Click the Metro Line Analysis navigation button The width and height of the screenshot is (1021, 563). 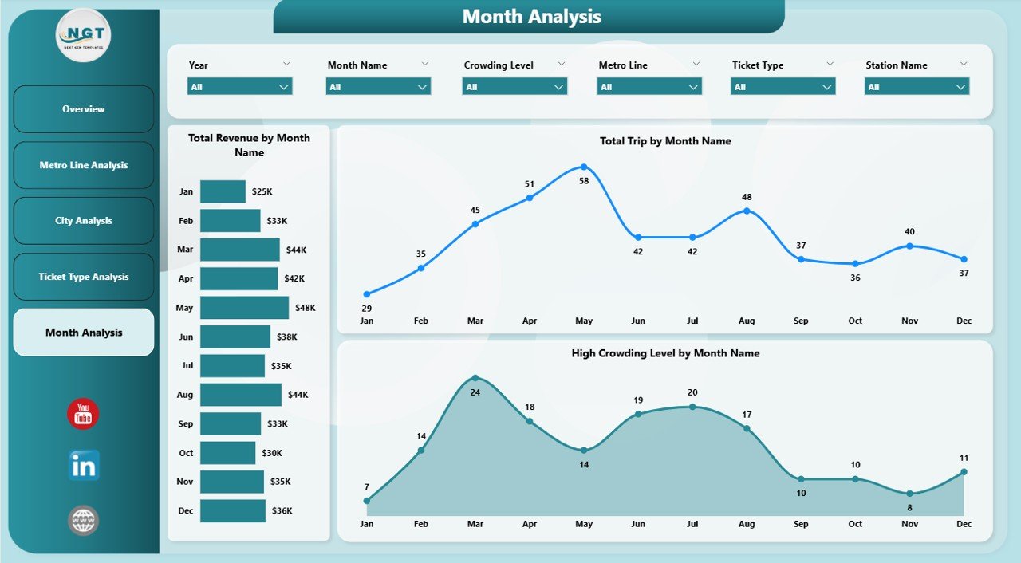(84, 165)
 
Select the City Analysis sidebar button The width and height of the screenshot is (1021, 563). (84, 221)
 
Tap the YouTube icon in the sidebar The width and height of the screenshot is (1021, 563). (83, 414)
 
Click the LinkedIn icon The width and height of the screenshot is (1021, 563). (83, 466)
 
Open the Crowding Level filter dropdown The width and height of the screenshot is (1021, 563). (514, 87)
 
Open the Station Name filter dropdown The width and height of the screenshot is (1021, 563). (917, 87)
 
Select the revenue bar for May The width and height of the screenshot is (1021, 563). (244, 308)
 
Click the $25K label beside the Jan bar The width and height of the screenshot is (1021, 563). (262, 192)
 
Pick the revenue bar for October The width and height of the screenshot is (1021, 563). (227, 453)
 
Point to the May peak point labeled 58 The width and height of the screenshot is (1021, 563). (584, 167)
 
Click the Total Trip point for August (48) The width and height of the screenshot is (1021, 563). (747, 211)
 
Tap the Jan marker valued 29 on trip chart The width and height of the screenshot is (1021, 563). (367, 294)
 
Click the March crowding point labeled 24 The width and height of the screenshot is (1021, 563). (475, 378)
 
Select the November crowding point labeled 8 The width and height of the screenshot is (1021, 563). (909, 494)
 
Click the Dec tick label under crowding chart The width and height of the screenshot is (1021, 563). (964, 524)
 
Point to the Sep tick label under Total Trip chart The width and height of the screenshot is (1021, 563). (801, 321)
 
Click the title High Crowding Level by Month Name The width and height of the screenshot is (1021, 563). (665, 353)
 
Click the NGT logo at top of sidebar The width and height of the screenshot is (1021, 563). (83, 35)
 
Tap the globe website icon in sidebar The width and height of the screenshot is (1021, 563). (83, 521)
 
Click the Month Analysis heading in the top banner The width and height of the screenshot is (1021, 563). (531, 17)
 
